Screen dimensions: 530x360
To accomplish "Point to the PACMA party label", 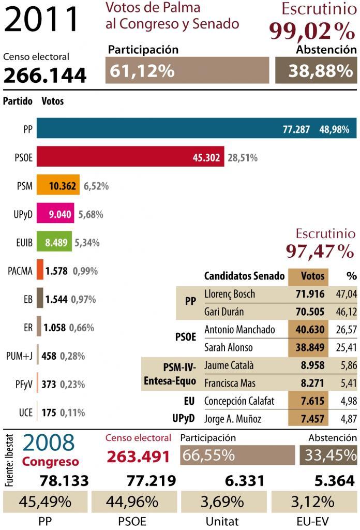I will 20,271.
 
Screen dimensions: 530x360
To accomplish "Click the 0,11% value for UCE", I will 72,413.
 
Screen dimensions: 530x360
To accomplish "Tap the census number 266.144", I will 45,76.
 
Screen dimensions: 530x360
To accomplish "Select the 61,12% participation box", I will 187,70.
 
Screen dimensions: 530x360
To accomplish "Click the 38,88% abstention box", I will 316,70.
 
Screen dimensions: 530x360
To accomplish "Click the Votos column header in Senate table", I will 312,276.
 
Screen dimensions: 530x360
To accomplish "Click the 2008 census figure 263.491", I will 139,457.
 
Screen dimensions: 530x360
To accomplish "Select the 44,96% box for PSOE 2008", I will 132,502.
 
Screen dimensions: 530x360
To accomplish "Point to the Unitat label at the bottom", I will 222,521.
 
